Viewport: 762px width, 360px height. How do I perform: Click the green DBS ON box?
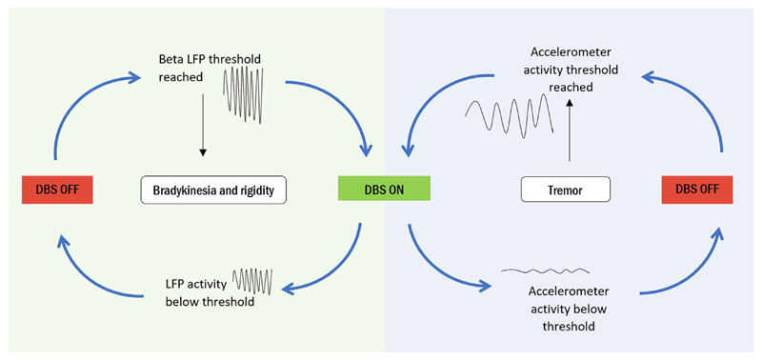[x=384, y=190]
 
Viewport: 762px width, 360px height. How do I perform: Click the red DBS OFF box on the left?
[x=56, y=190]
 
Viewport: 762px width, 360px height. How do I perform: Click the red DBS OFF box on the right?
[x=696, y=190]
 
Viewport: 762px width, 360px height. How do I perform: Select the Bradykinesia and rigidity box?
[x=213, y=190]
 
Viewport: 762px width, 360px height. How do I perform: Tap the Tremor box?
[x=565, y=190]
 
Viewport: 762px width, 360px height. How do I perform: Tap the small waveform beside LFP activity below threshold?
[x=253, y=280]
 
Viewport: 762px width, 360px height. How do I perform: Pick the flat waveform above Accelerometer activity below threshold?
[x=545, y=271]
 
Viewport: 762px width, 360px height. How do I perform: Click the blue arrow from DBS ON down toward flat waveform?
[x=438, y=267]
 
